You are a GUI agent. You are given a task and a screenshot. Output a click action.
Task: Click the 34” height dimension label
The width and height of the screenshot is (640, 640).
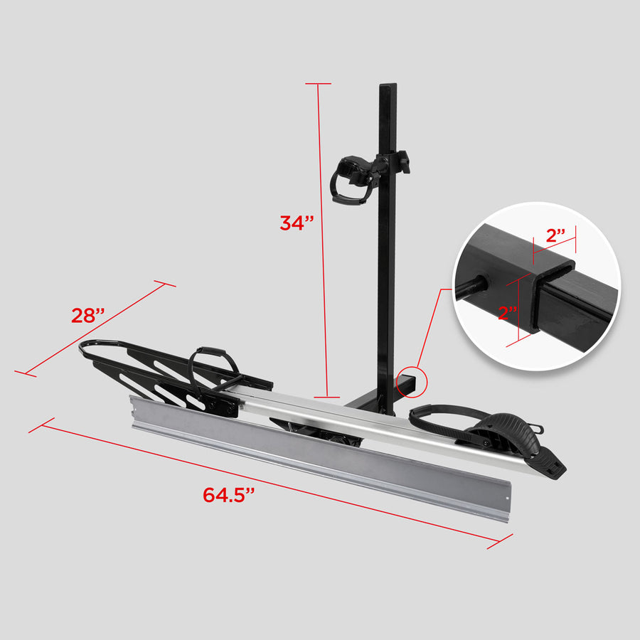(x=297, y=223)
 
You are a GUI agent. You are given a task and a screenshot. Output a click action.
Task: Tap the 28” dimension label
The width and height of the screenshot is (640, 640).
(x=88, y=315)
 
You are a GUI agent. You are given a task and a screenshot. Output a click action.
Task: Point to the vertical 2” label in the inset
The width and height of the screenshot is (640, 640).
(x=508, y=313)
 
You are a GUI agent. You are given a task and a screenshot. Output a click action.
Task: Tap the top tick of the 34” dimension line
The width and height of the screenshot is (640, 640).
(x=319, y=84)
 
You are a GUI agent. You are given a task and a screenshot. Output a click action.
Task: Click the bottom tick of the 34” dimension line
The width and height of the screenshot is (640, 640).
(x=327, y=396)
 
